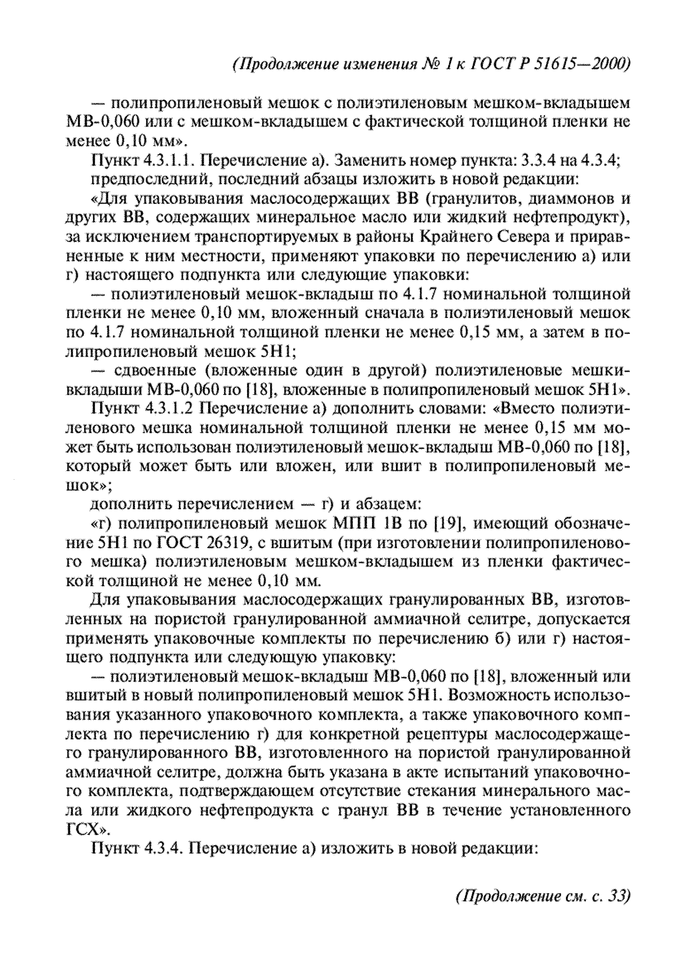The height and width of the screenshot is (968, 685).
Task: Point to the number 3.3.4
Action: coord(539,161)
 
